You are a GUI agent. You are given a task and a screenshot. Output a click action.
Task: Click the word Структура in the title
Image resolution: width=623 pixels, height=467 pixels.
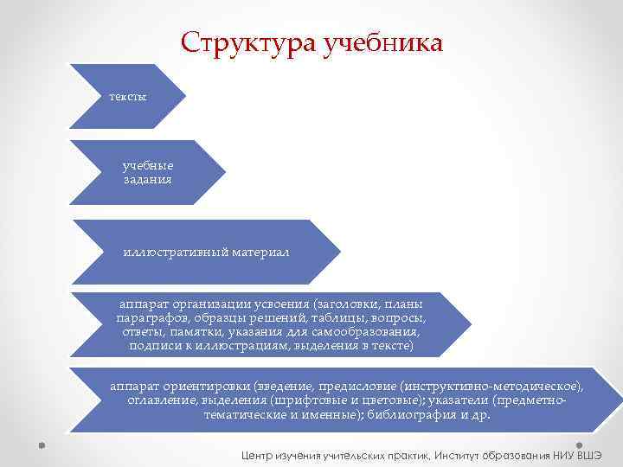tap(249, 42)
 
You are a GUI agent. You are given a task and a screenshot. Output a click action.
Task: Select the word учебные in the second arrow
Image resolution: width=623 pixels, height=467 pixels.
tap(148, 166)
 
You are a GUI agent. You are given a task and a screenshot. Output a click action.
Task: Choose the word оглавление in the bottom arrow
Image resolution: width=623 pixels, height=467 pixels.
tap(159, 400)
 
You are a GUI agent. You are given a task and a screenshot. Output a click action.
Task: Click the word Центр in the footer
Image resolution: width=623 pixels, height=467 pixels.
tap(260, 454)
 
